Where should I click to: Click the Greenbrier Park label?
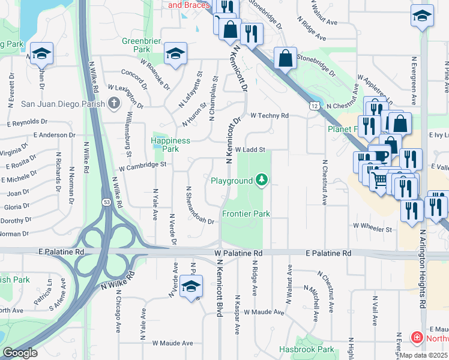pyautogui.click(x=135, y=45)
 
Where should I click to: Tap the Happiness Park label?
pyautogui.click(x=170, y=145)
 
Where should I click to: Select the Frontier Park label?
pyautogui.click(x=246, y=214)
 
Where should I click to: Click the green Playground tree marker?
pyautogui.click(x=261, y=179)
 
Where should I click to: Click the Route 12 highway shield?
pyautogui.click(x=315, y=106)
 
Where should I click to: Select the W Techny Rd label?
pyautogui.click(x=270, y=115)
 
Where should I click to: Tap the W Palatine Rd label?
pyautogui.click(x=239, y=254)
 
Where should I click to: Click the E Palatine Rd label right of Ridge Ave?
pyautogui.click(x=328, y=254)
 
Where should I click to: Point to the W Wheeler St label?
pyautogui.click(x=372, y=228)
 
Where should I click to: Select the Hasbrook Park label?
pyautogui.click(x=306, y=349)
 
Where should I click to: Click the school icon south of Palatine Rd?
pyautogui.click(x=191, y=289)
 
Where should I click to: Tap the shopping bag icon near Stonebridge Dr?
pyautogui.click(x=285, y=59)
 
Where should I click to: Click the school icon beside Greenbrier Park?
pyautogui.click(x=175, y=54)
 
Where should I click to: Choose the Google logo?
pyautogui.click(x=20, y=353)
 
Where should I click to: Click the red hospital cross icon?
pyautogui.click(x=417, y=338)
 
